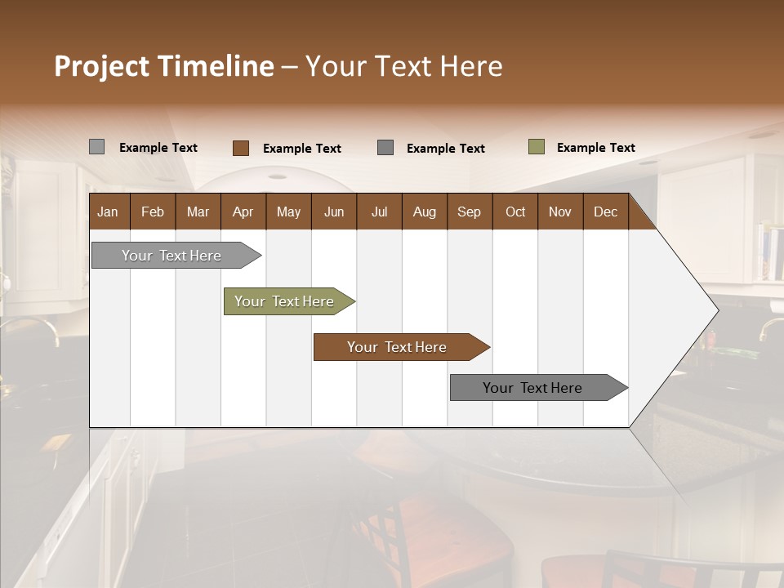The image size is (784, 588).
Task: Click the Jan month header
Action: (x=108, y=212)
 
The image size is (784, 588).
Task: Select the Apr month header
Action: (x=243, y=212)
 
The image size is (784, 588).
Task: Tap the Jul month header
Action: (x=379, y=212)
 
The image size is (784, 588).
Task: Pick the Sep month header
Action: (x=469, y=212)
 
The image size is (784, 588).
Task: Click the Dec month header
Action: (x=605, y=212)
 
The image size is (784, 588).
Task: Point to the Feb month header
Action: (x=153, y=212)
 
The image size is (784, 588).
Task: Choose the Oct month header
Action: (x=515, y=212)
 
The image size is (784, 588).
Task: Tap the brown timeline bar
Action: (x=398, y=347)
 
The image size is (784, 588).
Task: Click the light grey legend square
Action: (x=96, y=147)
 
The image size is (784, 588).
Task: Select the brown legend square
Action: (x=240, y=148)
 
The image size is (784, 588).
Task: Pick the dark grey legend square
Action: (x=385, y=147)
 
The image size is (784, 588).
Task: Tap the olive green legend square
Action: (x=536, y=147)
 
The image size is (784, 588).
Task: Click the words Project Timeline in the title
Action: (x=164, y=66)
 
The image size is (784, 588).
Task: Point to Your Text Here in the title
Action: (x=404, y=66)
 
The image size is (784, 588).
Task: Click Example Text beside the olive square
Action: (x=595, y=148)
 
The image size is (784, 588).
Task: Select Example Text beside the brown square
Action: (x=301, y=149)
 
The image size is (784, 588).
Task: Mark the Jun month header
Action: (x=334, y=212)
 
